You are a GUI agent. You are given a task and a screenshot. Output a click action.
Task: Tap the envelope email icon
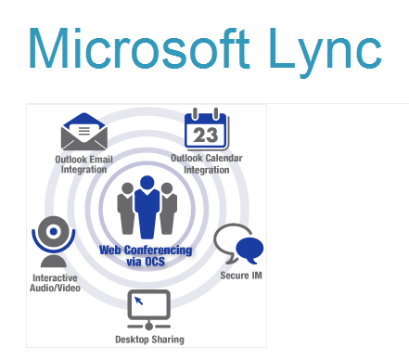click(84, 133)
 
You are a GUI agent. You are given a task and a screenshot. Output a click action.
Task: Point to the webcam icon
click(54, 239)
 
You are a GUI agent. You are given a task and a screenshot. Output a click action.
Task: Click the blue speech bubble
click(249, 250)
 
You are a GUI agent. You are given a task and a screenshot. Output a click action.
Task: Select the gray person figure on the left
click(127, 209)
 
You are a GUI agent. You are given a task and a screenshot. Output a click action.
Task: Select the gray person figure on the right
click(168, 209)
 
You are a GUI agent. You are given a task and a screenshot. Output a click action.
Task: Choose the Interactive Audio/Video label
click(56, 283)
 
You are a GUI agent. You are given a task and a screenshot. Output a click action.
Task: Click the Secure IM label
click(238, 276)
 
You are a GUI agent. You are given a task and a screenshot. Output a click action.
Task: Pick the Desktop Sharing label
click(149, 339)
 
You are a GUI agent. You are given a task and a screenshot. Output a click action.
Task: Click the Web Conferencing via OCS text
click(147, 255)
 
